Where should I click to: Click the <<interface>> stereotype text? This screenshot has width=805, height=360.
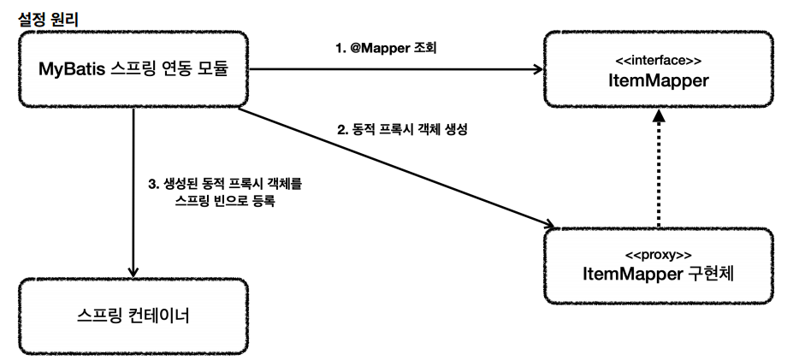click(x=658, y=62)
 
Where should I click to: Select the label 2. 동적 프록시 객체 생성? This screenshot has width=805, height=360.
click(x=400, y=133)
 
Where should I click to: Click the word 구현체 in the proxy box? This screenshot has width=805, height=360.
click(x=713, y=275)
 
